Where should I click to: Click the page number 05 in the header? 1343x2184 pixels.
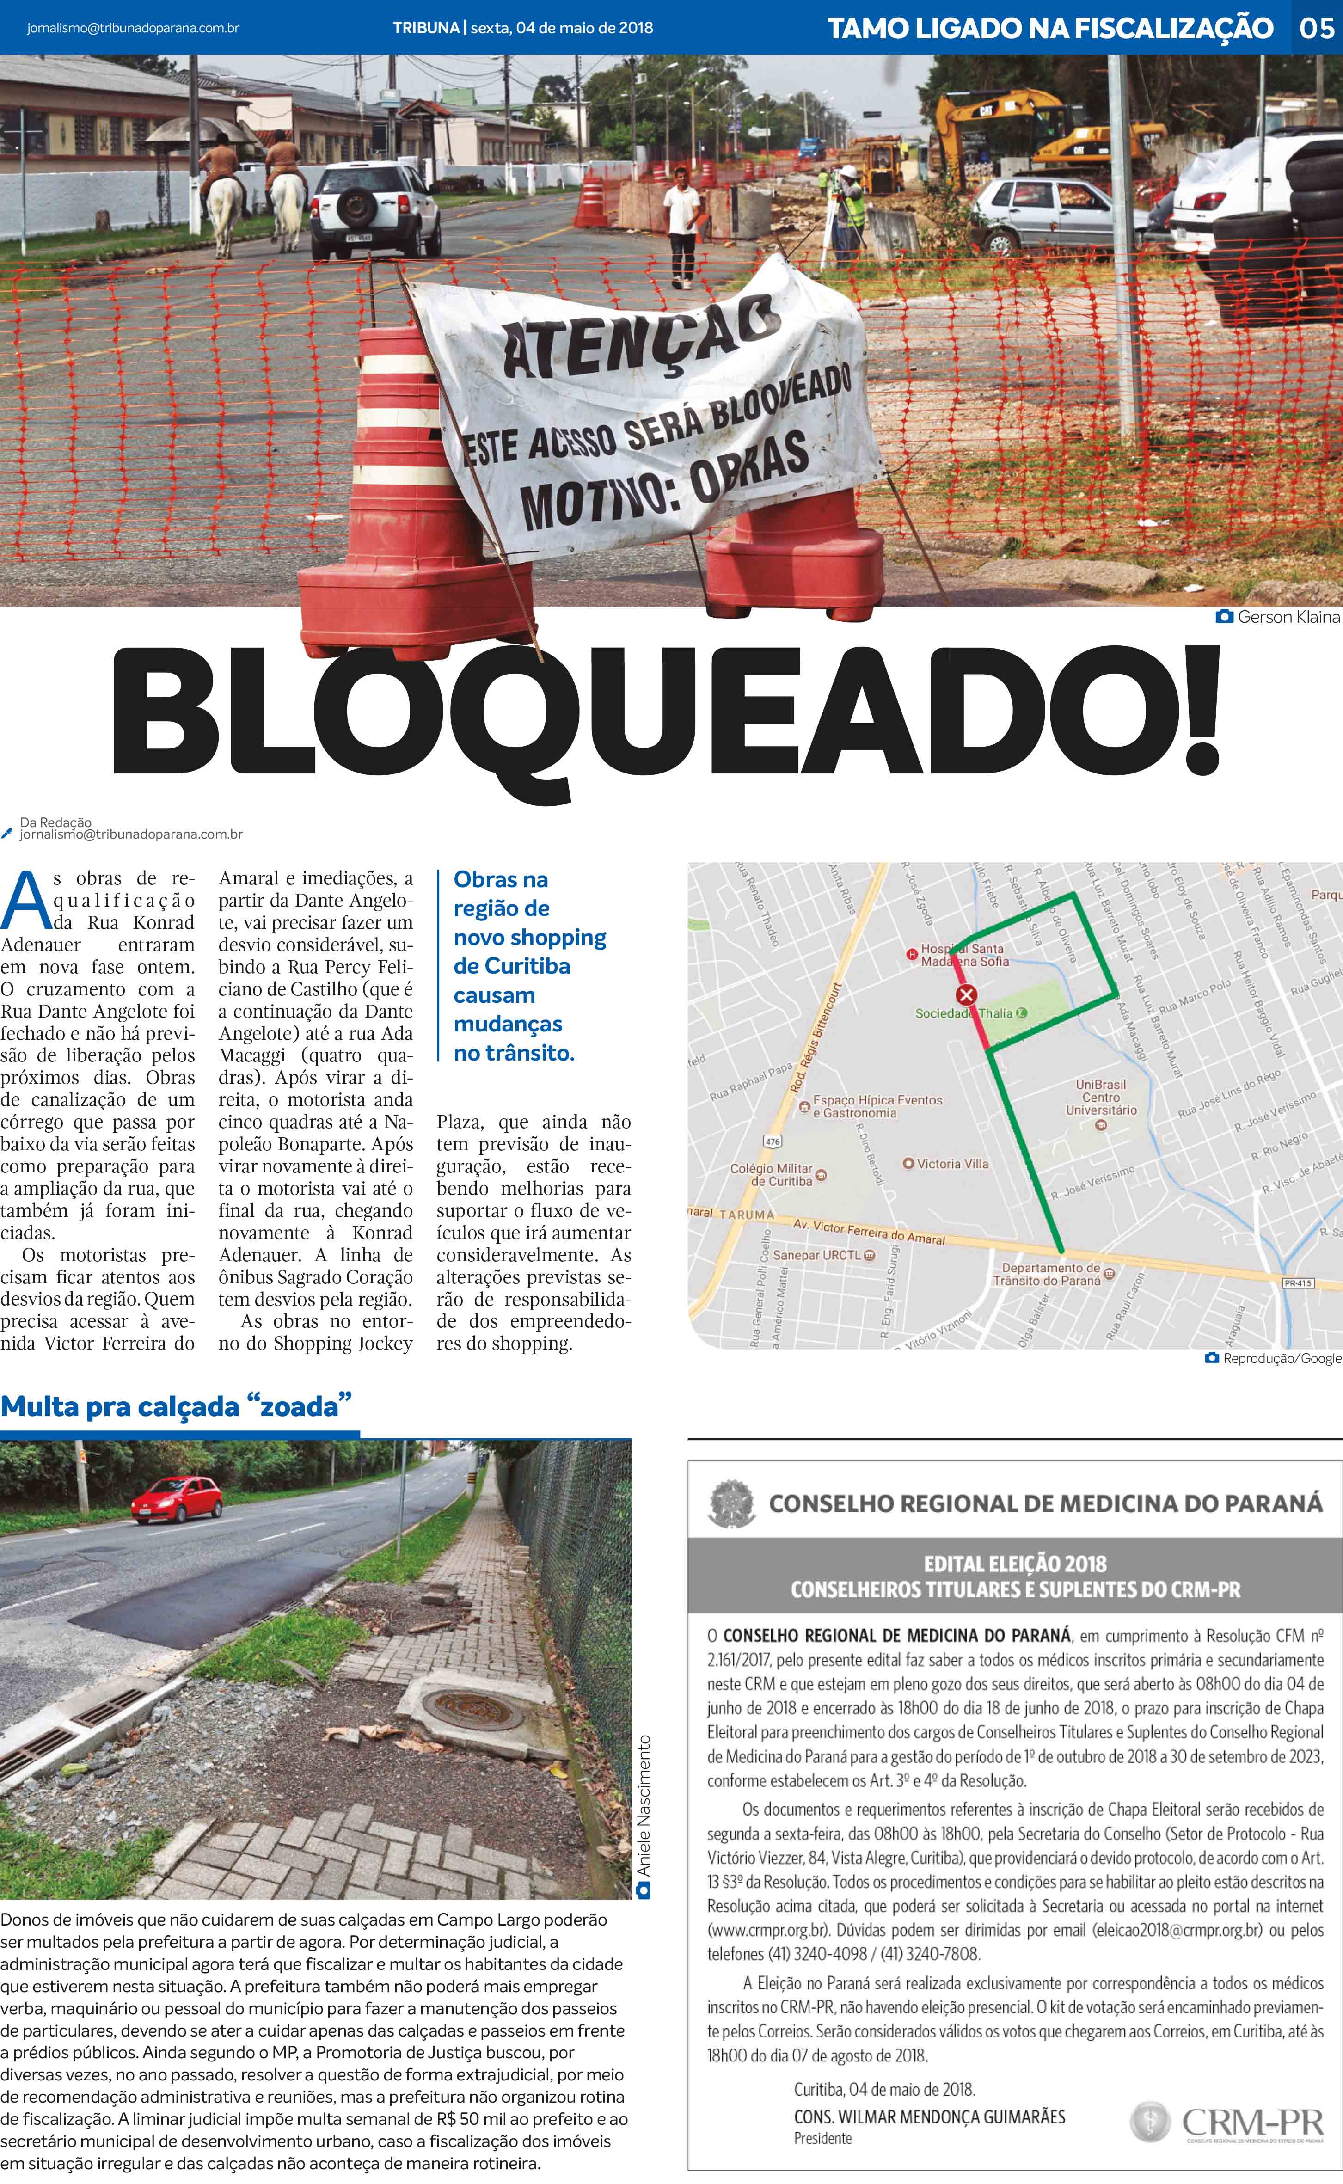(1316, 28)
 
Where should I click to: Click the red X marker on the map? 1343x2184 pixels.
(965, 995)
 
